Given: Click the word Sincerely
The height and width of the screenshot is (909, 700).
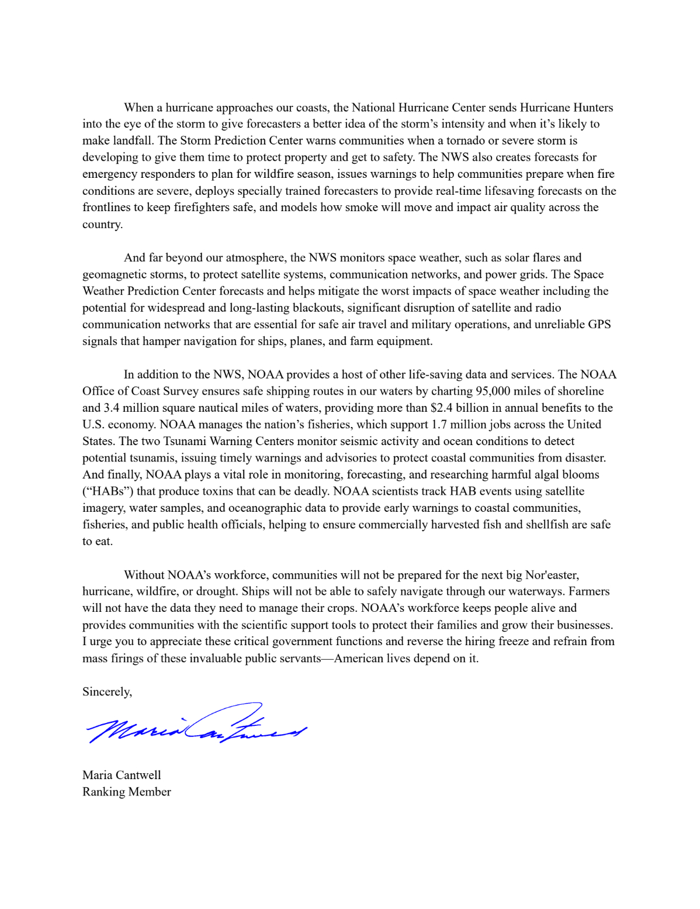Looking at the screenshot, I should point(106,691).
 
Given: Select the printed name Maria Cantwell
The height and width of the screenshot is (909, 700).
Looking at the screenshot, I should point(122,775).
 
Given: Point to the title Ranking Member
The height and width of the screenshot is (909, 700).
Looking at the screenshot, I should point(127,791).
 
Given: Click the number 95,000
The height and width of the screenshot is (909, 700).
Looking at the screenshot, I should point(494,391).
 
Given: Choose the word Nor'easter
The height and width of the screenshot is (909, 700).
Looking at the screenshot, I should point(552,574).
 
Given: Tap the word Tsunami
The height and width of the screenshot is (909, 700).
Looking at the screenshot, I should point(184,441).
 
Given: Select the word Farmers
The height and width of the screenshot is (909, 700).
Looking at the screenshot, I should point(589,591).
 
